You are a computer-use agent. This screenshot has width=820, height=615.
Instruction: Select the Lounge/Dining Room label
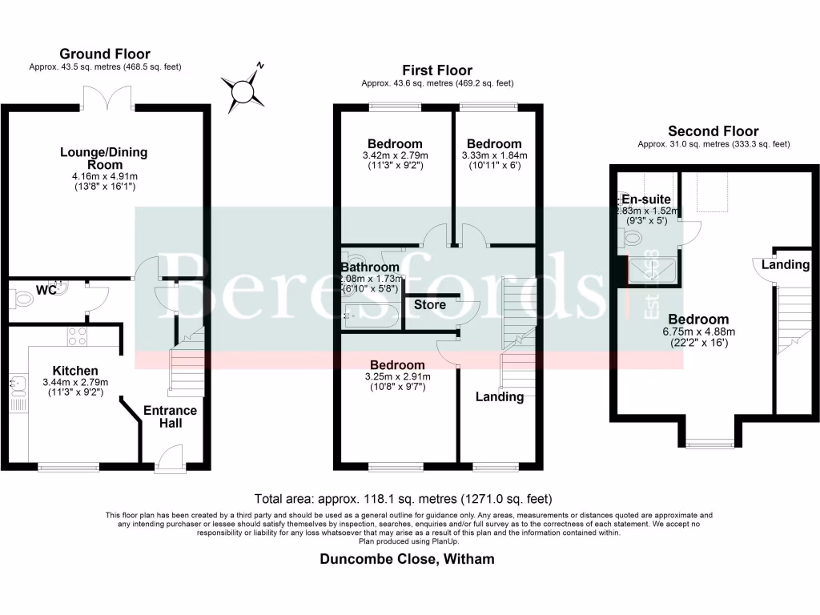tap(105, 158)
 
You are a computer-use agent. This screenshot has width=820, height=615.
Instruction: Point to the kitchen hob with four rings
tap(78, 336)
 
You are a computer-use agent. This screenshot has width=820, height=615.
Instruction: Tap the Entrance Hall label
tap(170, 416)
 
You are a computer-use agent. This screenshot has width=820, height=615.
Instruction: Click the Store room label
tap(428, 304)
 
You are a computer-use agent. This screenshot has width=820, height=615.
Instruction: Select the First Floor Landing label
tap(500, 396)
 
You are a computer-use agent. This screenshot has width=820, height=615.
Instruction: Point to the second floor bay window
tap(709, 443)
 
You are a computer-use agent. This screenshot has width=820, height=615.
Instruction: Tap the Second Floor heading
tap(713, 131)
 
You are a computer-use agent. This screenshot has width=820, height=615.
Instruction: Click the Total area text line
tap(403, 498)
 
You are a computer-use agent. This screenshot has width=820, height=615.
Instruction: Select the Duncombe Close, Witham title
tap(407, 559)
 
